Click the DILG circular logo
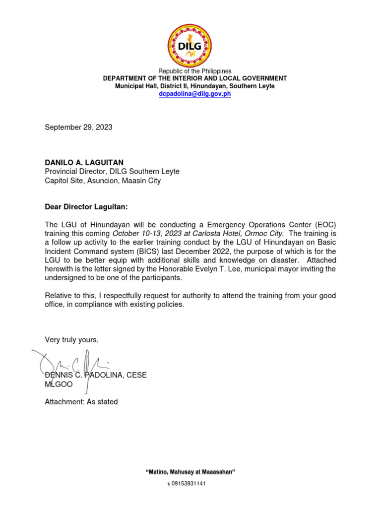tap(190, 45)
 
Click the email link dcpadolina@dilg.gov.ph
tap(194, 94)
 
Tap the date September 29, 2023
tap(78, 127)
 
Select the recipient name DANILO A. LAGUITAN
tap(84, 162)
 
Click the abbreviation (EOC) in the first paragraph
tap(322, 225)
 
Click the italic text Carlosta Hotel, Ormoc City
tap(239, 233)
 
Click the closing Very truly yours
tap(72, 340)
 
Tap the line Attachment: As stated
tap(81, 402)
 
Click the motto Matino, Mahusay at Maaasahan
tap(190, 472)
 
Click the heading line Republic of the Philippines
tap(194, 71)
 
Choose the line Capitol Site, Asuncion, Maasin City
tap(103, 181)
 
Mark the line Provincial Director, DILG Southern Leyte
tap(112, 172)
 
